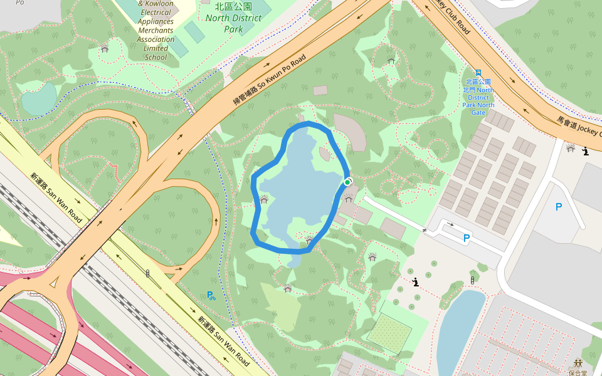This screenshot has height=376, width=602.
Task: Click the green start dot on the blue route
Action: (x=347, y=182)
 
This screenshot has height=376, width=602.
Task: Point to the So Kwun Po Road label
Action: (x=269, y=80)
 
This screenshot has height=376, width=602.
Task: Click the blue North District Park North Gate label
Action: (x=478, y=97)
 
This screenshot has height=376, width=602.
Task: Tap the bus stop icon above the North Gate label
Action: (x=478, y=73)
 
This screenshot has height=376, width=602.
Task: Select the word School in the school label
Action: (x=156, y=57)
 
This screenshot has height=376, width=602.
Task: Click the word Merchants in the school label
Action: (x=156, y=30)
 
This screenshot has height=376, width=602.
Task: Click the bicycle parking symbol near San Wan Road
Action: (x=211, y=295)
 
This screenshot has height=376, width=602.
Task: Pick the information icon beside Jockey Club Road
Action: (x=586, y=151)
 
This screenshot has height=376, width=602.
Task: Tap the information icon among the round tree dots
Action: (x=416, y=283)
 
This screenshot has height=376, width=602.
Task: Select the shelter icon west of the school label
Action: (x=105, y=48)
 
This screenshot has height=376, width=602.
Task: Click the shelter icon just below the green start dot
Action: (x=348, y=199)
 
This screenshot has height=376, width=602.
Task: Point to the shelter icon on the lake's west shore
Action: (x=264, y=200)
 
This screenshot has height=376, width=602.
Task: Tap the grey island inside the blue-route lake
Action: (x=324, y=154)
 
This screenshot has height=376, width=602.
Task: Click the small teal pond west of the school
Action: (x=39, y=99)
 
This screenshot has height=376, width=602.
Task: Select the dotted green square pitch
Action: (x=389, y=332)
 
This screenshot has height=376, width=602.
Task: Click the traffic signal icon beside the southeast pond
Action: (x=472, y=280)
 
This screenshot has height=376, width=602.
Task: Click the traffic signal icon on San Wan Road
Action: (x=147, y=273)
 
